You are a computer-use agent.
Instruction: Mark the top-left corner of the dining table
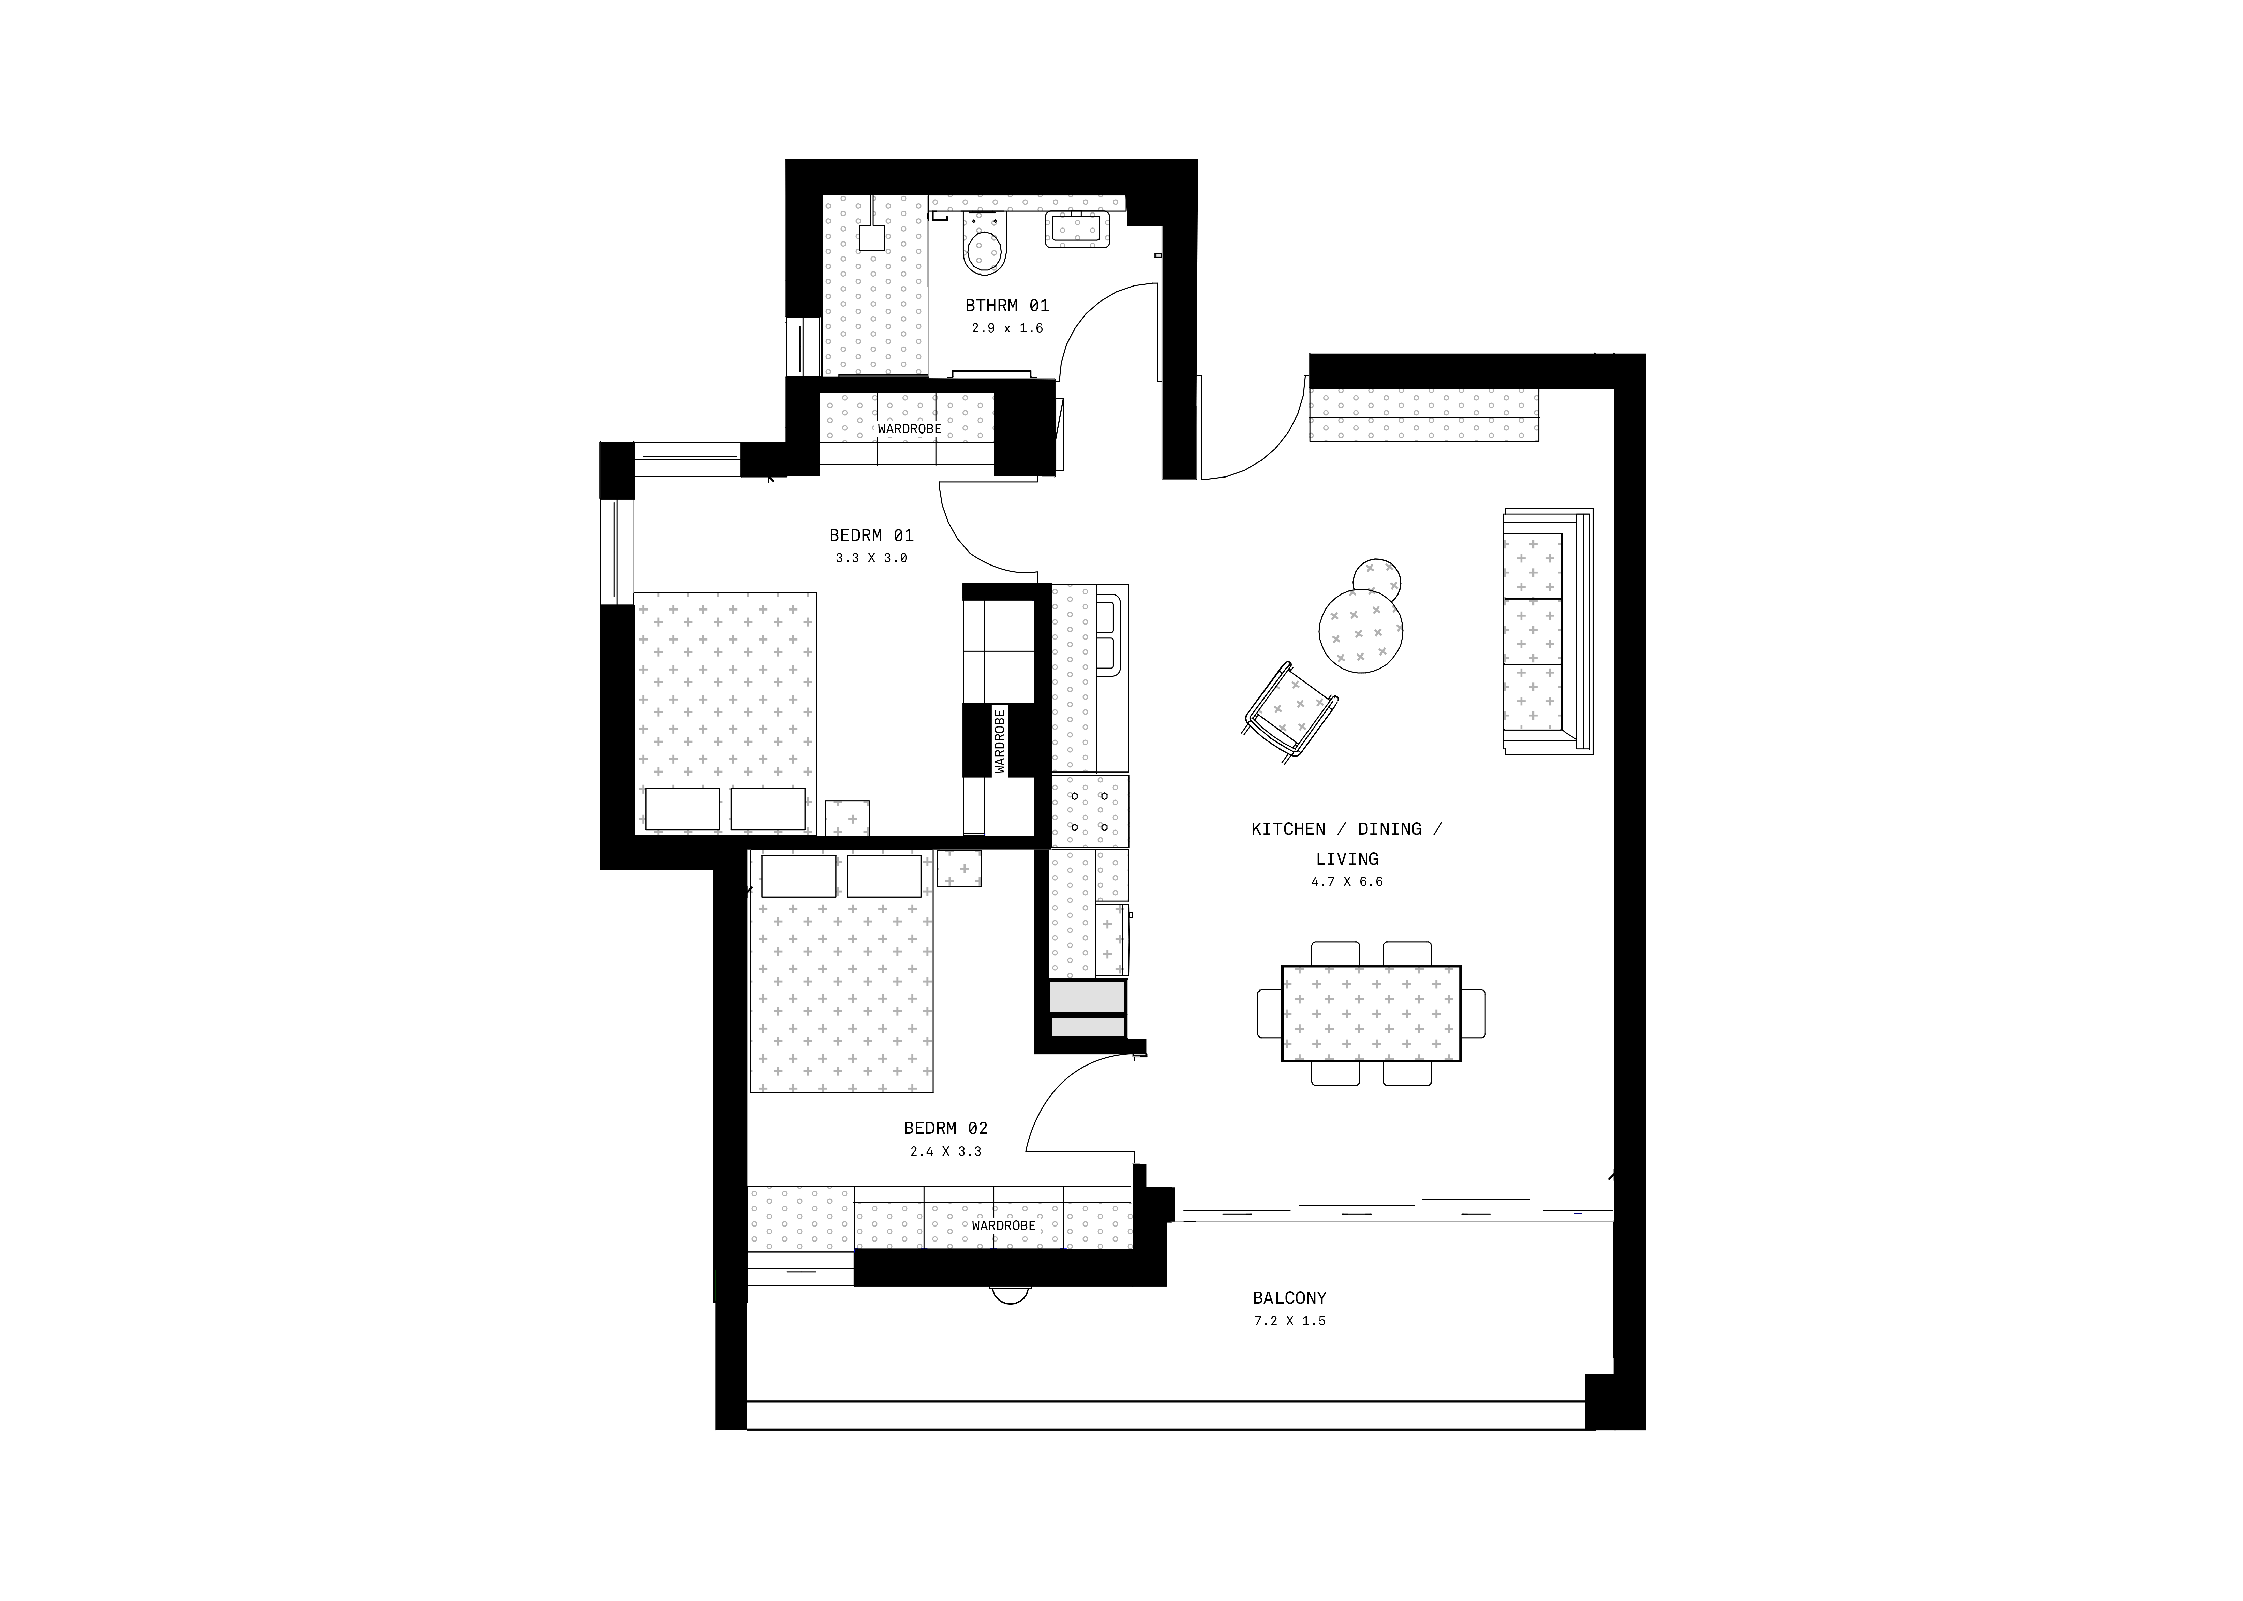(1282, 966)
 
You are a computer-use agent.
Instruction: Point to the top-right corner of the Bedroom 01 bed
(816, 592)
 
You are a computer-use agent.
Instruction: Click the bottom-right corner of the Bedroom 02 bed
(932, 1092)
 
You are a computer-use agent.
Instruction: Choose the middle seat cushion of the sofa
(1532, 631)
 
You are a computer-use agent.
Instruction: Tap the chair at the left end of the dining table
(1269, 1013)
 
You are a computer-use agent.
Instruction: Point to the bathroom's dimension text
(1007, 328)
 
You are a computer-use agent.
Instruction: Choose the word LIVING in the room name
(1347, 859)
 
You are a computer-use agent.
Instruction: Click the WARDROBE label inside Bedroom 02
(1003, 1225)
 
